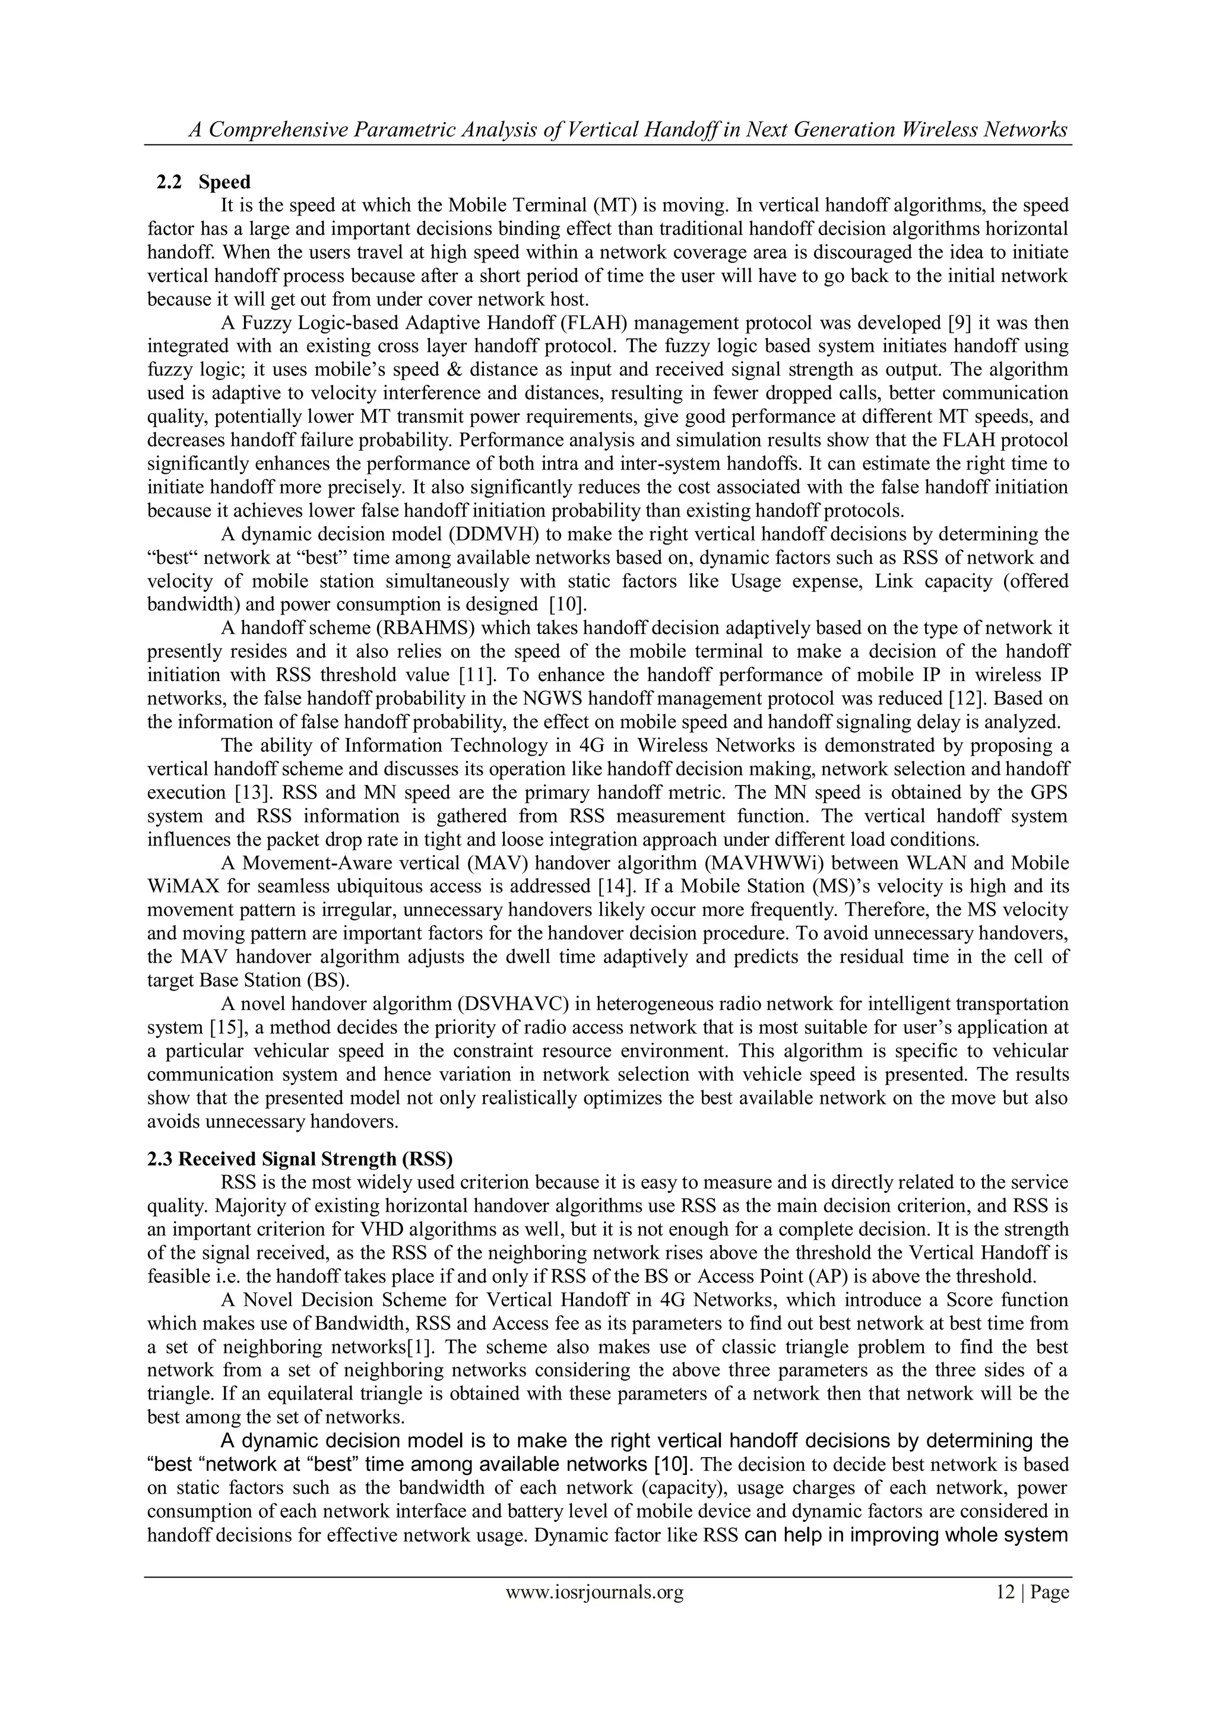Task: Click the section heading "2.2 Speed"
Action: tap(203, 182)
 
